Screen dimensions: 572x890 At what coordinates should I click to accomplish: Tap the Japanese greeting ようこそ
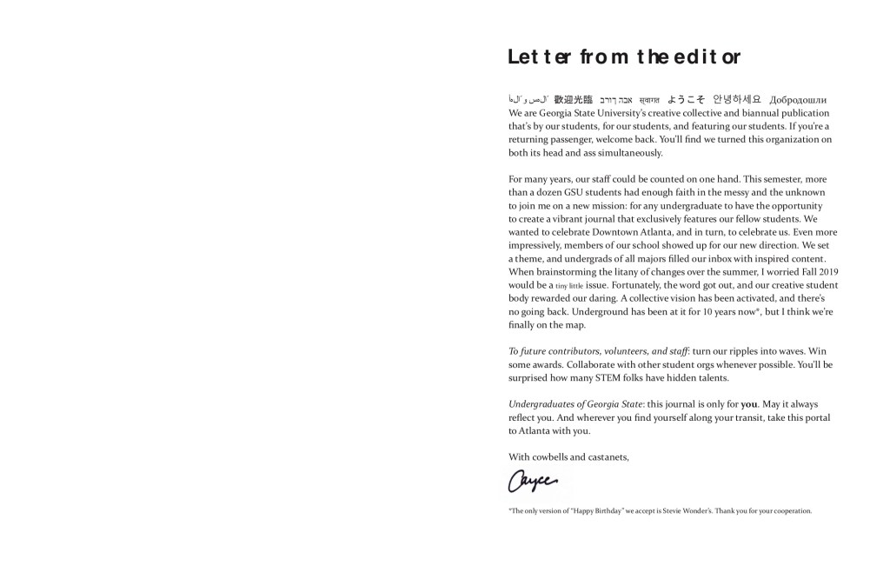click(687, 100)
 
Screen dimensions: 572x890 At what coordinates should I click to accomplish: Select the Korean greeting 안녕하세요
click(737, 100)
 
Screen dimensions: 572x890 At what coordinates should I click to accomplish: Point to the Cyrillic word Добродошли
click(798, 100)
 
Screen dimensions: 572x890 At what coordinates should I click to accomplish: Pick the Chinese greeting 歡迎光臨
click(574, 100)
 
